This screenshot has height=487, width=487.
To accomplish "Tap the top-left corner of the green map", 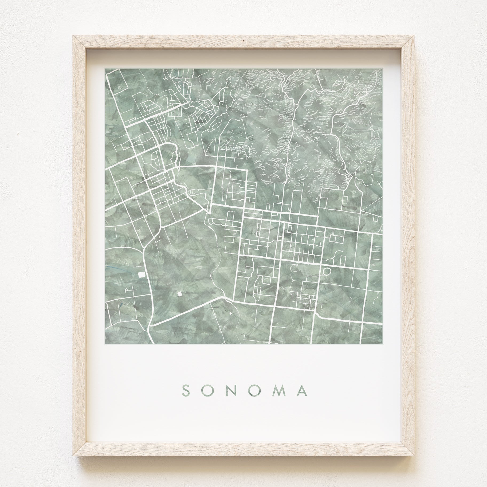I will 105,68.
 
